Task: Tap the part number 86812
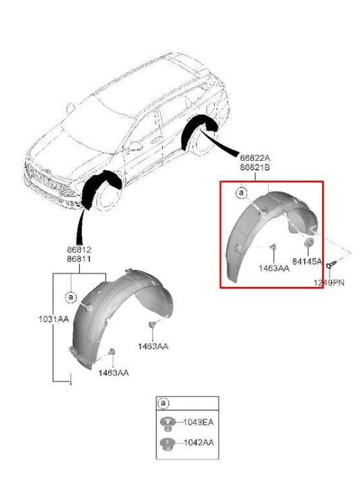[x=79, y=249]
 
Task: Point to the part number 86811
[x=79, y=258]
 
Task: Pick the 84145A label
[x=307, y=261]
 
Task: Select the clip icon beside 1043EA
[x=167, y=423]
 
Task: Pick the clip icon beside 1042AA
[x=167, y=444]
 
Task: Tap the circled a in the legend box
[x=163, y=403]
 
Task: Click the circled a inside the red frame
[x=241, y=193]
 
